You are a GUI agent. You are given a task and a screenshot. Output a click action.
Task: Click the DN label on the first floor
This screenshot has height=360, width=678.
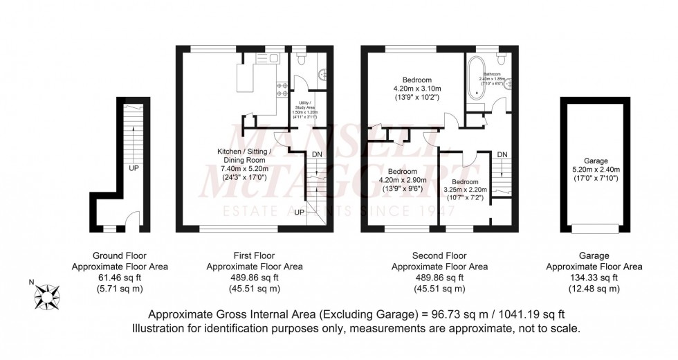click(x=317, y=154)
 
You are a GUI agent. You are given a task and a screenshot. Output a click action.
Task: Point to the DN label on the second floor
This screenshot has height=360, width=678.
click(x=502, y=154)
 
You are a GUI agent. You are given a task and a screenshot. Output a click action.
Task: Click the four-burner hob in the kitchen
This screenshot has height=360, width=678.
click(x=282, y=89)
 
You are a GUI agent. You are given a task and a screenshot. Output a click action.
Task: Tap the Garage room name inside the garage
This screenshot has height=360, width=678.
click(x=596, y=161)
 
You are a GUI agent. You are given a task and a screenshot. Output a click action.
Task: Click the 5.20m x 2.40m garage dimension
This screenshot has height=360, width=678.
click(x=596, y=170)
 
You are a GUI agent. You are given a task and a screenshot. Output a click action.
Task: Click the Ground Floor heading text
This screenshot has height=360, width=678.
click(x=120, y=255)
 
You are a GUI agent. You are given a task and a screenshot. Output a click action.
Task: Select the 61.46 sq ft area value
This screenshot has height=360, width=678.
click(x=120, y=277)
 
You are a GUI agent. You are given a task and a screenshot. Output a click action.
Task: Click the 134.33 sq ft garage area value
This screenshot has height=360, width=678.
click(x=594, y=277)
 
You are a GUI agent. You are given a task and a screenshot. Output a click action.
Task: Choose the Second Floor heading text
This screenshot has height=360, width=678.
click(x=439, y=255)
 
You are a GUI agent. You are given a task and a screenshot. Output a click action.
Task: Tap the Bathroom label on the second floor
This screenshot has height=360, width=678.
click(x=492, y=74)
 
